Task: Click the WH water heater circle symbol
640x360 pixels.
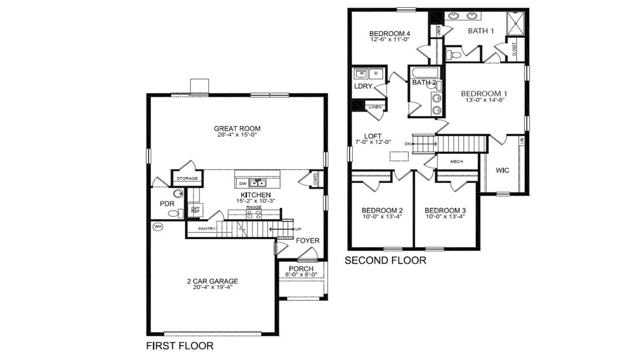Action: click(158, 227)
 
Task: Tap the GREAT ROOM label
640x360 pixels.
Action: click(237, 128)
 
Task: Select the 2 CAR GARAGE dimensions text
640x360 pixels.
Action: click(212, 287)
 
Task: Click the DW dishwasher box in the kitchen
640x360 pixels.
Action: click(242, 184)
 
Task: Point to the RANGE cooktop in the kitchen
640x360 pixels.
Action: click(254, 214)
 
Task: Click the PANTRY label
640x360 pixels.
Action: click(207, 229)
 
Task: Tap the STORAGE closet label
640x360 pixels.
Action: click(187, 178)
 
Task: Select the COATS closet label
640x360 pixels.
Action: click(316, 179)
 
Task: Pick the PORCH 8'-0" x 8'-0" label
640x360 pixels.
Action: click(301, 271)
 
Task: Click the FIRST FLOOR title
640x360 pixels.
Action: click(180, 346)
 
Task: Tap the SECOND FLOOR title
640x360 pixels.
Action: click(385, 260)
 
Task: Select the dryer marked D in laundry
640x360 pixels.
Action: click(376, 74)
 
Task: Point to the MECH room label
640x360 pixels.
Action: click(456, 162)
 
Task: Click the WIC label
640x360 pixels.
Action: click(502, 170)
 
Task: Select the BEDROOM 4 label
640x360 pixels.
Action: click(389, 34)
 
